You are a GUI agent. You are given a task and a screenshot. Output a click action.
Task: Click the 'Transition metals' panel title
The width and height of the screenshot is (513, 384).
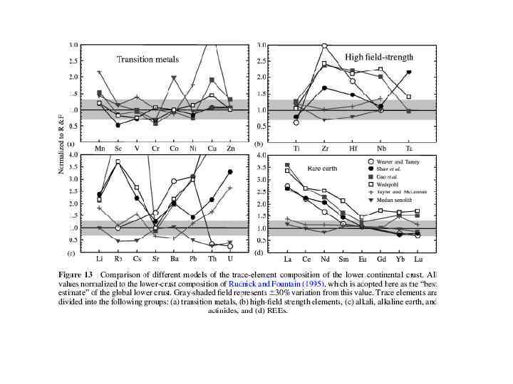pos(148,59)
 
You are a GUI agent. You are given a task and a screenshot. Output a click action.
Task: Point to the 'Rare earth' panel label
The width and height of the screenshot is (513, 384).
pos(322,168)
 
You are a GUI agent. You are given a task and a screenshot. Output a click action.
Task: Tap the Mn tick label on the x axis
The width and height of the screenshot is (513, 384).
pos(100,148)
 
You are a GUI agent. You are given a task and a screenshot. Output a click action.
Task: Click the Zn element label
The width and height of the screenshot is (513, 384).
pos(229,148)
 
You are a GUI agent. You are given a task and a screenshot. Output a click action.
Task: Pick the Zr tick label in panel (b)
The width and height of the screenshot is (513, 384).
pos(324,148)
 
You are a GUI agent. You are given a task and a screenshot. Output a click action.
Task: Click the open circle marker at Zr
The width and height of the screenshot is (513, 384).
pos(324,46)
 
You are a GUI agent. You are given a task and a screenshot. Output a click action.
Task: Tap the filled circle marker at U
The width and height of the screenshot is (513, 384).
pos(230,172)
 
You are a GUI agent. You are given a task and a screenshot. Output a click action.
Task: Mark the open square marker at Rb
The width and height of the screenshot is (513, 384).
pos(118,162)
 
